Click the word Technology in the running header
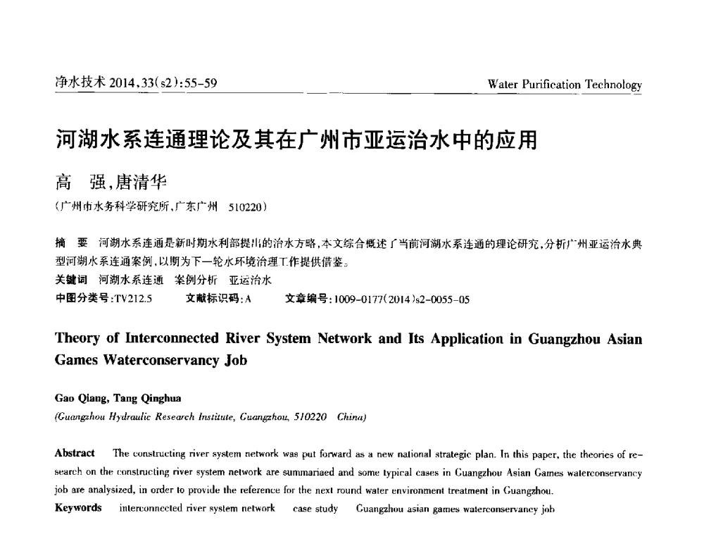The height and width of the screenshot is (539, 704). coord(613,85)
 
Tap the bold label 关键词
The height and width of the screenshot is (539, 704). coord(72,280)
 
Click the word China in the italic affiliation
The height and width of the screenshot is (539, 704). coord(351,416)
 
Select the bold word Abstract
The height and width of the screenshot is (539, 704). coord(75,453)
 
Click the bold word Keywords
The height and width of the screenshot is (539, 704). coord(78,508)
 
